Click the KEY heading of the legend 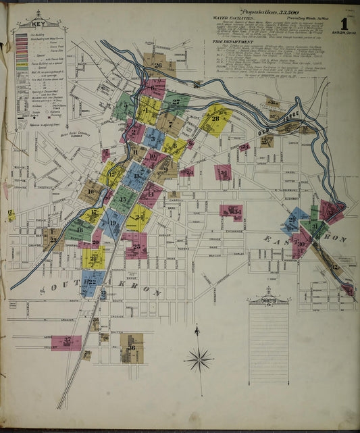[x=38, y=24]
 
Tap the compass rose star [x=199, y=359]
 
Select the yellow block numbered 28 [x=215, y=120]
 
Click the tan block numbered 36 [x=132, y=348]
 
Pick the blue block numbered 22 [x=90, y=282]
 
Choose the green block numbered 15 [x=124, y=199]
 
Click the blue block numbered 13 [x=137, y=177]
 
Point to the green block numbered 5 [x=124, y=106]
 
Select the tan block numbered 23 [x=53, y=239]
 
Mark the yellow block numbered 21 [x=93, y=258]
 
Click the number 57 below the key [x=24, y=123]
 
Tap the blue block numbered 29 [x=292, y=220]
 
